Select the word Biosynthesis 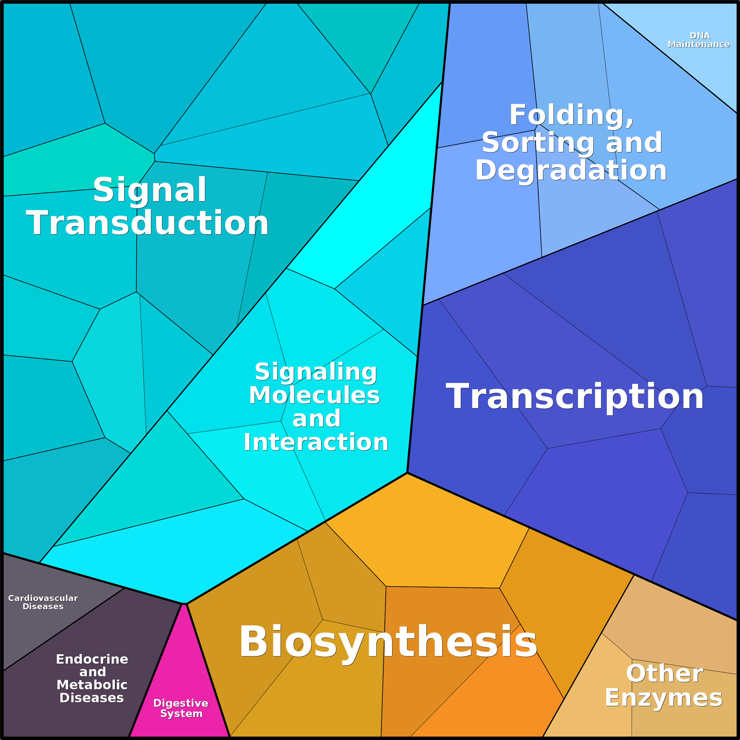coord(388,643)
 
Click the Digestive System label coord(181,708)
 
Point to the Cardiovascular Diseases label coord(43,602)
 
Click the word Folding coord(571,115)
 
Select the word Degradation coord(571,170)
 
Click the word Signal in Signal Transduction coord(150,190)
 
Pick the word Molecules coord(314,395)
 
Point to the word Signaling coord(316,372)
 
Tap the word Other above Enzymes coord(665,674)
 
